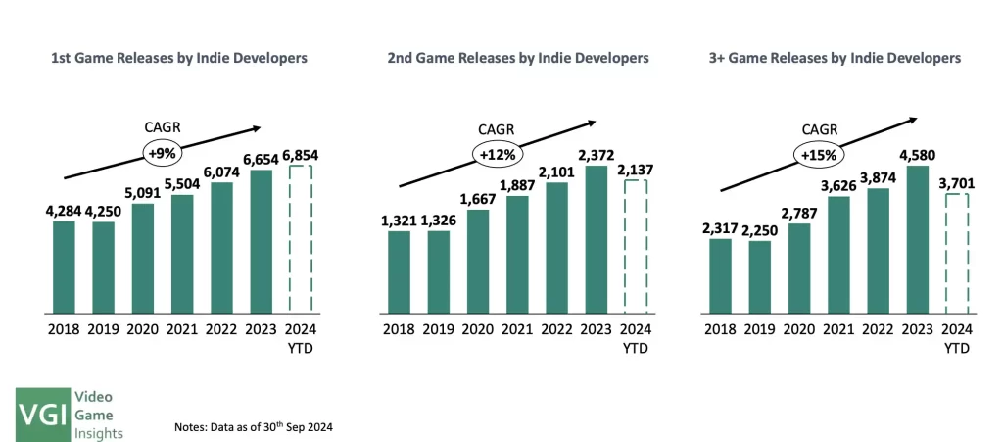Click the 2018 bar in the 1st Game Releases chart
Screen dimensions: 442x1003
pos(64,267)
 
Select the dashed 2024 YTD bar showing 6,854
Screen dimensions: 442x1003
pos(300,239)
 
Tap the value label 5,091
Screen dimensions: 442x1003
pos(143,193)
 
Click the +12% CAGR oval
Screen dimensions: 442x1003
pos(498,154)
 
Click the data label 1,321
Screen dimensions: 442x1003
pos(400,221)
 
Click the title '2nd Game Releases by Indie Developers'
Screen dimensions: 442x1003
pos(518,59)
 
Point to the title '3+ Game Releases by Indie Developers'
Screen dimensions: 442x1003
pos(835,59)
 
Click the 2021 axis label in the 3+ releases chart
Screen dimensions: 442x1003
pos(839,328)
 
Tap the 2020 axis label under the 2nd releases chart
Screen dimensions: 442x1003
pos(478,328)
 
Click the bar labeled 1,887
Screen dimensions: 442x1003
pos(517,255)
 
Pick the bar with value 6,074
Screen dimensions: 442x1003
pos(221,247)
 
